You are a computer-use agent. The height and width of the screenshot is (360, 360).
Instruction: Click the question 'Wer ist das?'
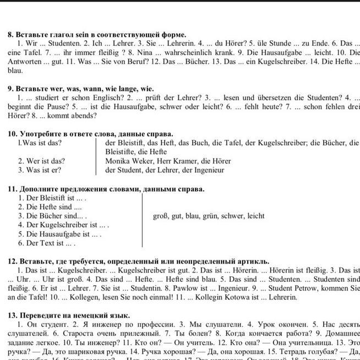[x=41, y=161]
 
